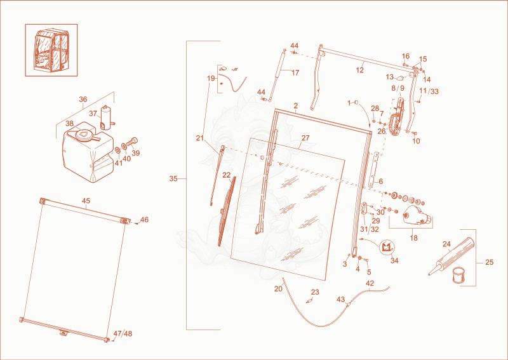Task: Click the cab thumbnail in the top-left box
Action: click(51, 50)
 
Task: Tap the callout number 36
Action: click(83, 99)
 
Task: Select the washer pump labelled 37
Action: click(106, 118)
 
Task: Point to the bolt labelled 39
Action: click(133, 142)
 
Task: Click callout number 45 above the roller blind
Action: click(86, 201)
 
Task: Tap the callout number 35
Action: click(173, 178)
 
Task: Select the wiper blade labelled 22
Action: click(227, 211)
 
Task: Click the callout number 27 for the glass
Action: click(305, 138)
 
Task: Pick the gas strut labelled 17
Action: click(277, 75)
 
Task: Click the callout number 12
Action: click(360, 70)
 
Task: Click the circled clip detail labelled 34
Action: click(387, 247)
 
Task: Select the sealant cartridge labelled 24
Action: click(451, 257)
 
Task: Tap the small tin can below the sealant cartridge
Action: click(458, 275)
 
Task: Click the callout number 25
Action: click(489, 262)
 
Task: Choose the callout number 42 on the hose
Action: click(370, 283)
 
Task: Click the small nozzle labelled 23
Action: click(309, 301)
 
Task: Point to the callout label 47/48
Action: click(123, 333)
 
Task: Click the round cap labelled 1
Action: click(356, 103)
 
